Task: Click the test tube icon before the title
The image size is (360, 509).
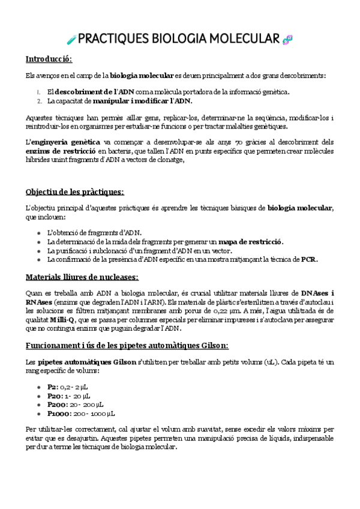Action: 71,40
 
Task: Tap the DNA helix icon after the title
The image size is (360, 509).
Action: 288,40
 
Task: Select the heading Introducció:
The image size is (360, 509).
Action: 49,59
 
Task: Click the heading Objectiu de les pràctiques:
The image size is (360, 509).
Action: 74,191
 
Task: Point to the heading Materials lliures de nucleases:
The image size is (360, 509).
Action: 82,277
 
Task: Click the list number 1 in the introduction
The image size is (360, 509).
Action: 38,92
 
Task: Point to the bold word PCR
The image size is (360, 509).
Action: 308,259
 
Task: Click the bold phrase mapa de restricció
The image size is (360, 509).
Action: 250,241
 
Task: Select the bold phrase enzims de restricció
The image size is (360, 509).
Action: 60,152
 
